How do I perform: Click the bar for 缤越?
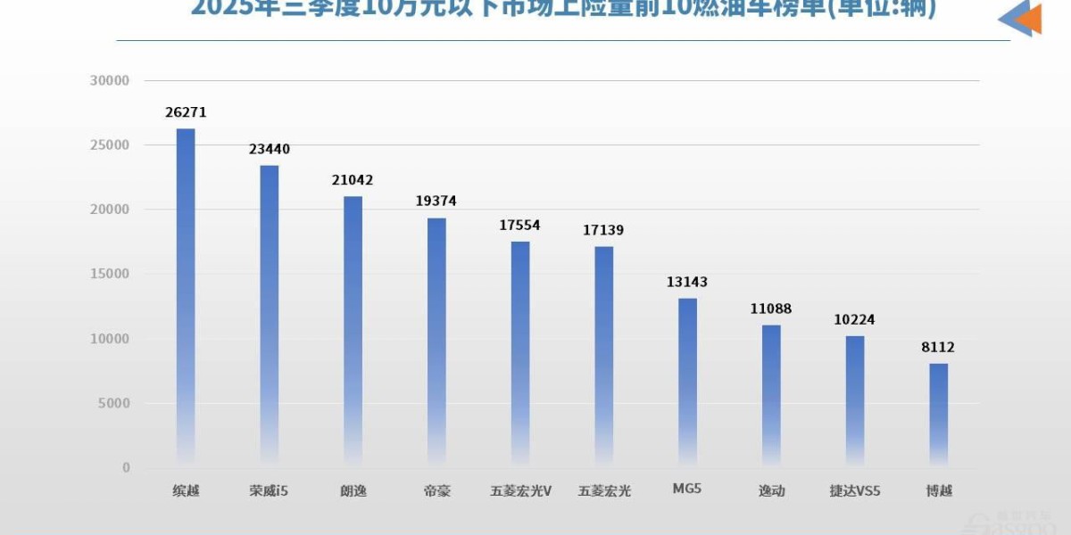point(186,299)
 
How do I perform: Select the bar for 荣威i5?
point(270,317)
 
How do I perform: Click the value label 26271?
point(186,113)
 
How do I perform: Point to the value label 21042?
point(353,180)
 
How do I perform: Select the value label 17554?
point(520,226)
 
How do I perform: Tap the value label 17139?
point(603,230)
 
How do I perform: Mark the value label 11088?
point(771,309)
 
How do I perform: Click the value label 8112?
point(938,347)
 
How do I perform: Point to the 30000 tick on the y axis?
point(111,80)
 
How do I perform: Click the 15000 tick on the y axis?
point(111,274)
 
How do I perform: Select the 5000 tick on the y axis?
point(114,403)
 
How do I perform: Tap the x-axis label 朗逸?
point(353,490)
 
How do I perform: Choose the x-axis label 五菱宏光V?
point(520,490)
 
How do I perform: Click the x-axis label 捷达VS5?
point(854,490)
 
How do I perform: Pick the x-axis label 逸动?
point(771,490)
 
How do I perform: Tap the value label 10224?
point(854,320)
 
